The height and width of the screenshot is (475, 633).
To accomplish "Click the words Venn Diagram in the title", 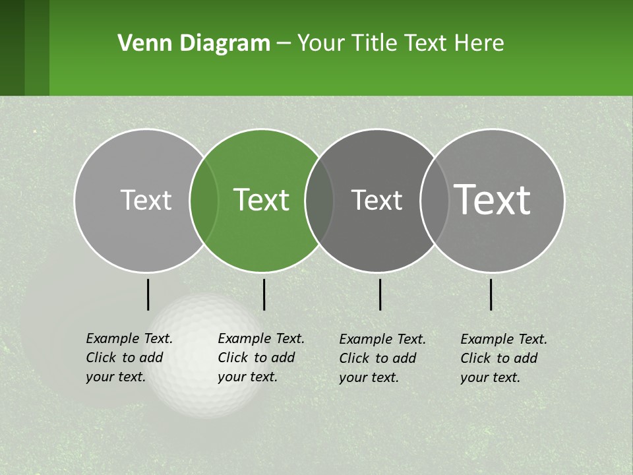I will click(x=194, y=44).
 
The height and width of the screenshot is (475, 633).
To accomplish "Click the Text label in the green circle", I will click(x=262, y=200).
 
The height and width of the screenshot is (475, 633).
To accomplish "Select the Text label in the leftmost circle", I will click(x=146, y=200).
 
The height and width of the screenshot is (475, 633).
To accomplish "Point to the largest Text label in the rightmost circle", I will click(x=493, y=199).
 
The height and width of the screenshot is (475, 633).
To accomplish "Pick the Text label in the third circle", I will click(x=377, y=200).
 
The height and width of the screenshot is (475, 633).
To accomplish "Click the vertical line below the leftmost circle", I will click(x=148, y=294).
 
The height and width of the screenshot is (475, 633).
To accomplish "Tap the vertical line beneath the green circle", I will click(x=264, y=294).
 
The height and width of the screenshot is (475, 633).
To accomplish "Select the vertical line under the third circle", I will click(x=380, y=294).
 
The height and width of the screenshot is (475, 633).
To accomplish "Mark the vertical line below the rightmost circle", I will click(x=491, y=294).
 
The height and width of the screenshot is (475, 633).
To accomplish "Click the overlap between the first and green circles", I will click(x=204, y=200).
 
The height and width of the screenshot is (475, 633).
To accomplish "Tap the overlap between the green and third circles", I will click(x=319, y=200).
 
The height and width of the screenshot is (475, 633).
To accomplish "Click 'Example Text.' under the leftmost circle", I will click(x=129, y=338).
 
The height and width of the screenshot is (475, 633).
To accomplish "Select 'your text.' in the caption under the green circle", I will click(x=247, y=377).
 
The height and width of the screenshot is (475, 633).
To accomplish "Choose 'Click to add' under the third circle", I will click(x=378, y=358).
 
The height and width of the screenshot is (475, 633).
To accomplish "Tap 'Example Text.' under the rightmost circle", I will click(x=504, y=339).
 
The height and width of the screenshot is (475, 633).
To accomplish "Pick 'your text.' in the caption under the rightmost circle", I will click(x=490, y=377).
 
